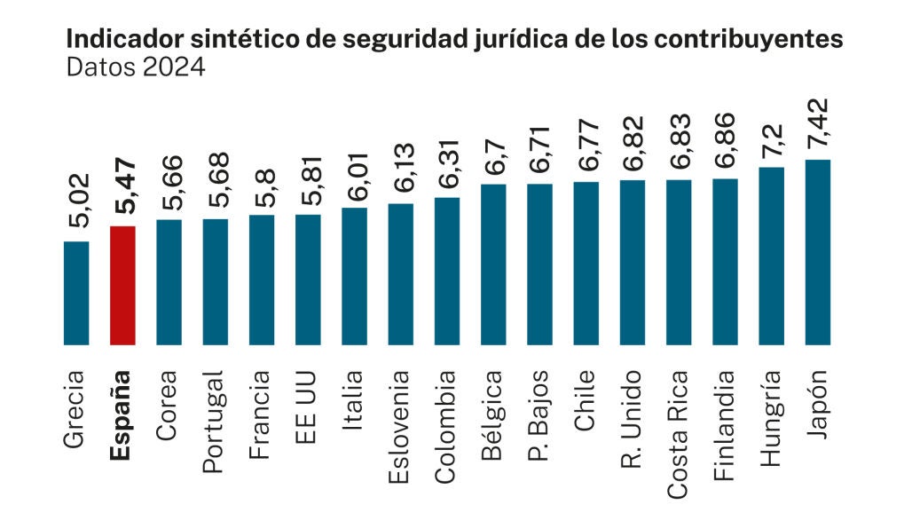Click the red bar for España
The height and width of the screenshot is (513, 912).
(x=122, y=285)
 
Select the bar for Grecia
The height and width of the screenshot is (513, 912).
(x=76, y=293)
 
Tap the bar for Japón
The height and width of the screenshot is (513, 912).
(x=817, y=252)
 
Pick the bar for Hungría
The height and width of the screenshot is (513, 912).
(x=771, y=256)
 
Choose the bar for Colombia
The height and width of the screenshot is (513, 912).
(x=447, y=271)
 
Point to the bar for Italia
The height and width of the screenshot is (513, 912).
(x=354, y=276)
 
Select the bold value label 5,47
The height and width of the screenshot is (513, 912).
(x=122, y=197)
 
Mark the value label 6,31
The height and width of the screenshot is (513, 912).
(x=447, y=168)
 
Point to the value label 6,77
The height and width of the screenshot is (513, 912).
(x=586, y=152)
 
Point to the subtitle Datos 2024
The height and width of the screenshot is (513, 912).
(x=136, y=67)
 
